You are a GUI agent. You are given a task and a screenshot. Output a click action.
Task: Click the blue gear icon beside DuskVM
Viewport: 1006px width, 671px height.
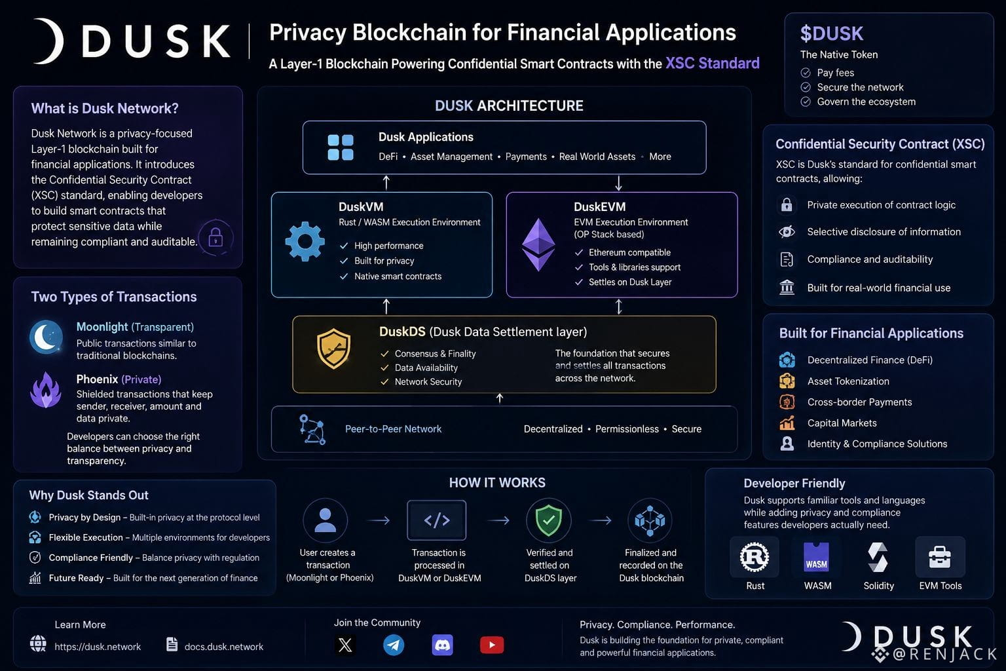point(305,241)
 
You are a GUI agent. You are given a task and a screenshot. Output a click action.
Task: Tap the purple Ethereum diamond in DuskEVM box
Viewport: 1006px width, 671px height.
point(538,244)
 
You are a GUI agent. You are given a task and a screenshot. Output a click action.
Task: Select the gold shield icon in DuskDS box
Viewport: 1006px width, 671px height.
point(333,349)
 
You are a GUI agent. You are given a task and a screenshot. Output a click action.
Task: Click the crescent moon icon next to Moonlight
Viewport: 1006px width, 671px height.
point(46,337)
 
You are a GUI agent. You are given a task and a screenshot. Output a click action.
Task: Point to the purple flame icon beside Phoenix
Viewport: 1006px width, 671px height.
point(46,390)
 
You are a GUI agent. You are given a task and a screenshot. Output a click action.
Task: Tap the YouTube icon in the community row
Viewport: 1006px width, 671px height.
point(492,645)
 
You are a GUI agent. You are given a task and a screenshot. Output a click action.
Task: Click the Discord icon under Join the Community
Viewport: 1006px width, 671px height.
point(442,645)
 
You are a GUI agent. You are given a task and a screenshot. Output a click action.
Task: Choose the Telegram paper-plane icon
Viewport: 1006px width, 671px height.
point(394,645)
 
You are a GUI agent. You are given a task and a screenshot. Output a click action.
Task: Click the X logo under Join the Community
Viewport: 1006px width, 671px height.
point(345,645)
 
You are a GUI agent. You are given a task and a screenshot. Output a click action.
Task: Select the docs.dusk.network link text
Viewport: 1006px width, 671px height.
point(223,647)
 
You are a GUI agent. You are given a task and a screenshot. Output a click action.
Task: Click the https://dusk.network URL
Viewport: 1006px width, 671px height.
point(98,647)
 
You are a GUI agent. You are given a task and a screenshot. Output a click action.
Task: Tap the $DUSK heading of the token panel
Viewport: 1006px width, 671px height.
point(832,33)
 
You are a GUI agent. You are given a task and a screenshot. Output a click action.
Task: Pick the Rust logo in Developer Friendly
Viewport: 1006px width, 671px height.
point(754,557)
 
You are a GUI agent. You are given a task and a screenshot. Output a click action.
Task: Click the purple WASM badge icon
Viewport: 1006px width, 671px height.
point(817,557)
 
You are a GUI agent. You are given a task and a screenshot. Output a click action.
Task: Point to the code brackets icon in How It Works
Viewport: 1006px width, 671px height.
point(437,520)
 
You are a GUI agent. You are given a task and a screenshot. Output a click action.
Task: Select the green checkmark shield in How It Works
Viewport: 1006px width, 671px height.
point(549,520)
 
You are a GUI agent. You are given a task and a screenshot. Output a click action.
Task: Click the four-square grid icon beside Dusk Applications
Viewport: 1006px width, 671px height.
point(341,147)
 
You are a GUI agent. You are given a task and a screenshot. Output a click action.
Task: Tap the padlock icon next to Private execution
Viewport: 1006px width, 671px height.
point(787,204)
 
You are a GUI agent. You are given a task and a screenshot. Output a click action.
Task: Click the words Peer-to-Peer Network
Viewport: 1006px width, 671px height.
point(394,429)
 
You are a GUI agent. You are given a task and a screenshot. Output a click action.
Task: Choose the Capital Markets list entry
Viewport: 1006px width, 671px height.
point(842,423)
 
